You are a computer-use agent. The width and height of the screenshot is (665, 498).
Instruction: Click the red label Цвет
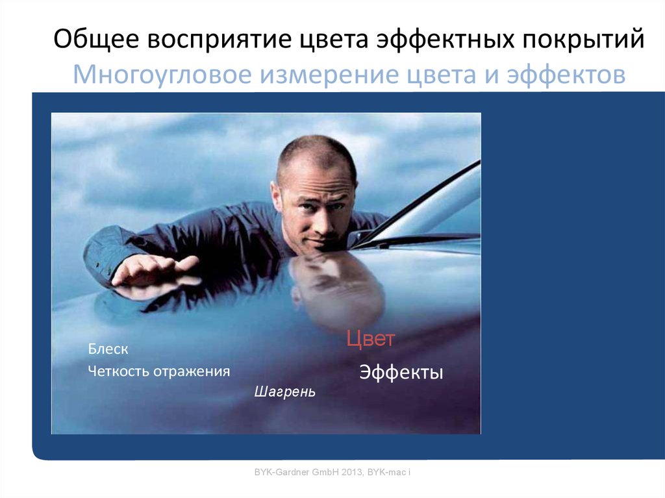370,339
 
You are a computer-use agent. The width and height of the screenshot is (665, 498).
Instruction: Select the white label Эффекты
401,373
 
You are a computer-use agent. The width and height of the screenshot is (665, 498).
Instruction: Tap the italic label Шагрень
284,392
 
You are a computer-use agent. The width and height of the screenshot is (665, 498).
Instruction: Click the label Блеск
108,349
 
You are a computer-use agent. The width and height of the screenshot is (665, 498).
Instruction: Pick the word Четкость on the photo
118,371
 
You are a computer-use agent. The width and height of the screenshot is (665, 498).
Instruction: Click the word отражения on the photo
191,371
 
